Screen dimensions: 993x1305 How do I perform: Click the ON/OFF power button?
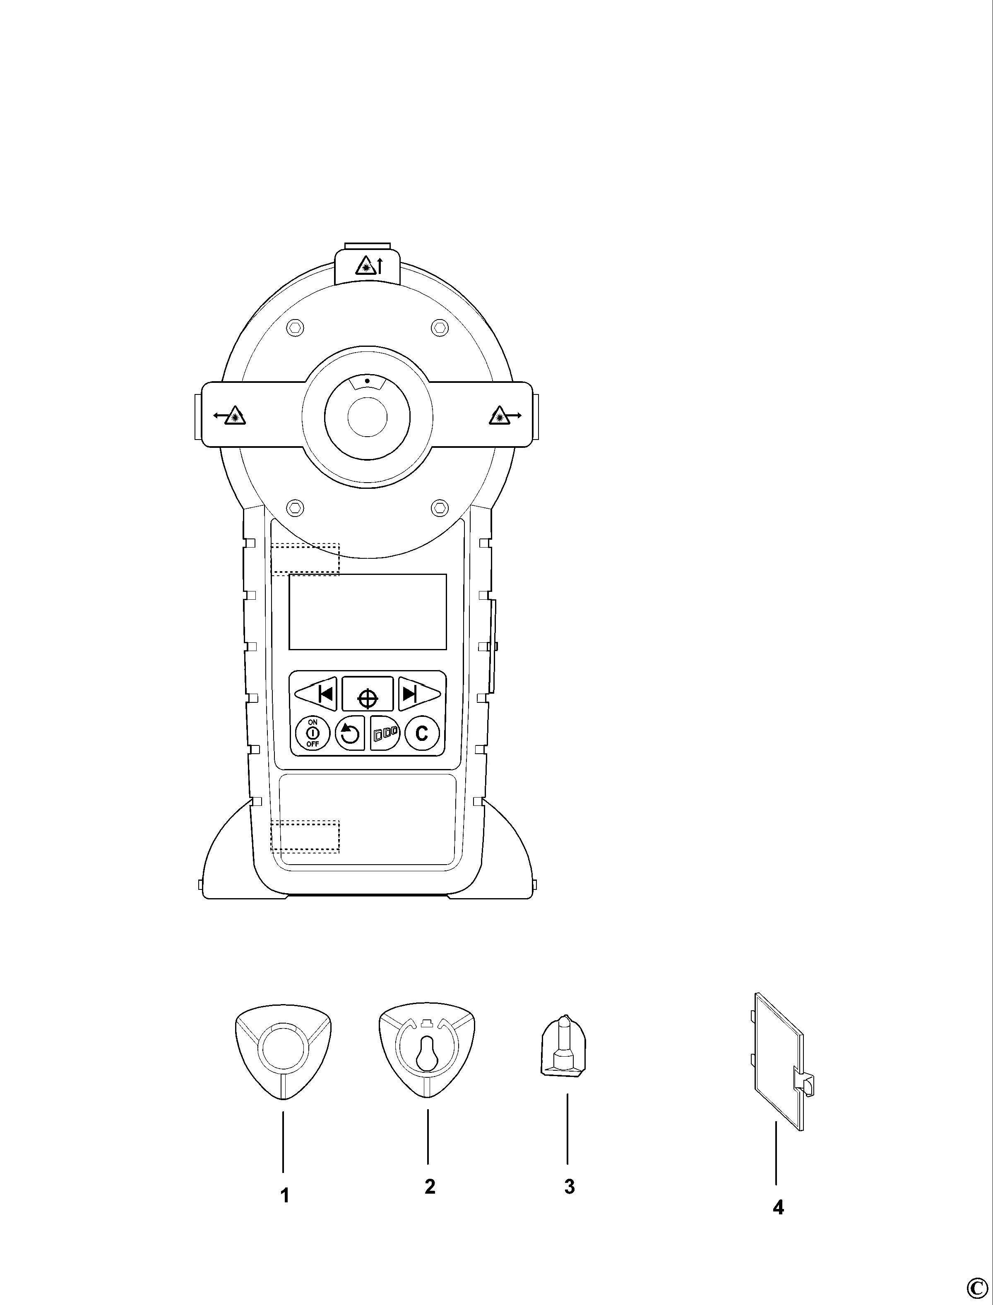tap(312, 733)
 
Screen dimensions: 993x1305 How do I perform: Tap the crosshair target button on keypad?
tap(368, 693)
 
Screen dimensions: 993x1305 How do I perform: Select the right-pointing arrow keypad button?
tap(419, 693)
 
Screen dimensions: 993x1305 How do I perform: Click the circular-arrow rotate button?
tap(349, 733)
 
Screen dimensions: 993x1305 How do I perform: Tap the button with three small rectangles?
tap(385, 733)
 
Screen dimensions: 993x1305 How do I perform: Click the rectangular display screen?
tap(368, 612)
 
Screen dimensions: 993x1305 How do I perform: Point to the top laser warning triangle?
tap(364, 267)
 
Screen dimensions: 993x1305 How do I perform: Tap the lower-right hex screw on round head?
tap(439, 507)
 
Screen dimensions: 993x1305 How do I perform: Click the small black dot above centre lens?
tap(367, 381)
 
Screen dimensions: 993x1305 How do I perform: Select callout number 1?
tap(284, 1196)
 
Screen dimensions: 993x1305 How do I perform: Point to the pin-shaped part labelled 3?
tap(565, 1044)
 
